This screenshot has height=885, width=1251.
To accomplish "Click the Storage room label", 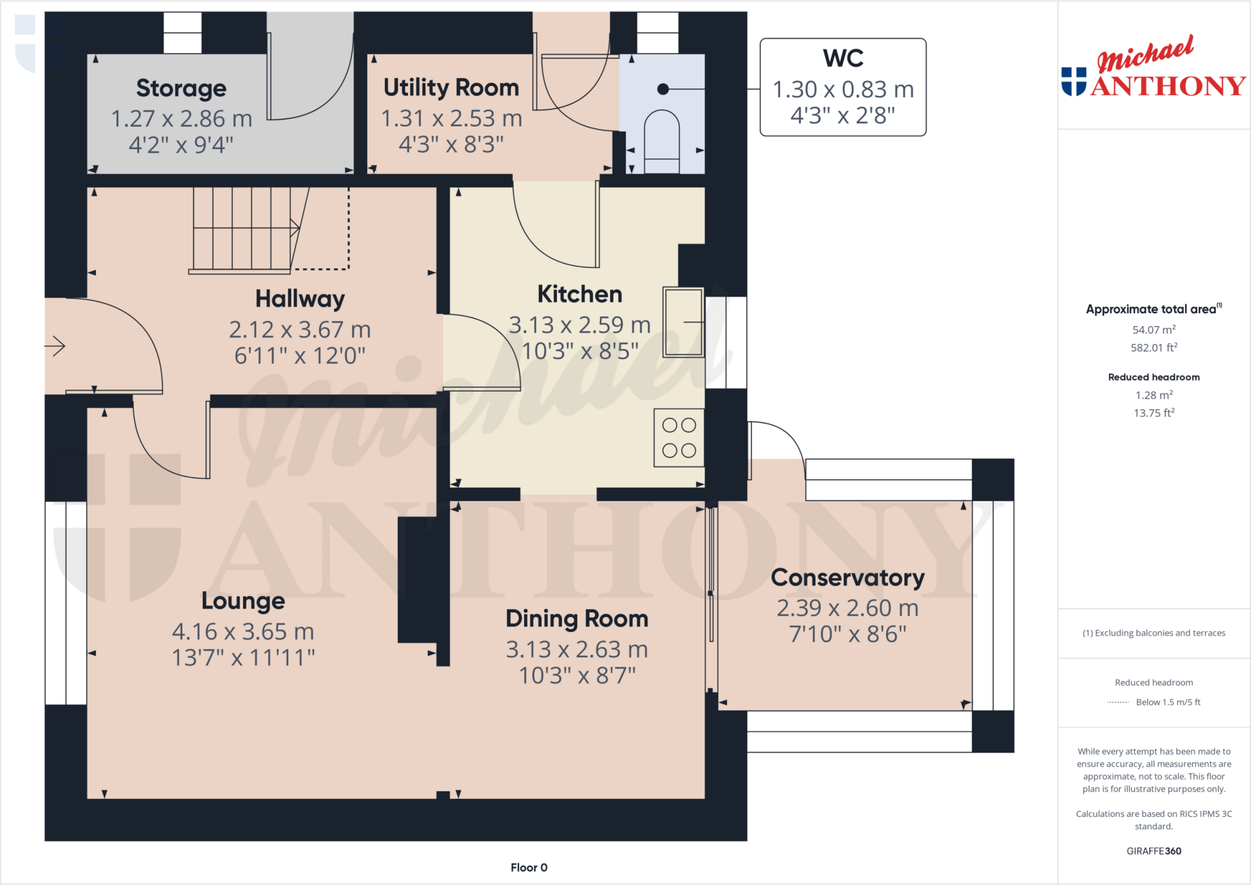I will coord(181,89).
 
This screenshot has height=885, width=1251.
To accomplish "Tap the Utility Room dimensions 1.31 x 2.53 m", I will coord(451,118).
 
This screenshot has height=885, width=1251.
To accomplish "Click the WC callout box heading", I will coord(843,59).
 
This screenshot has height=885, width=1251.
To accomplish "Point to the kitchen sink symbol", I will coord(684,322).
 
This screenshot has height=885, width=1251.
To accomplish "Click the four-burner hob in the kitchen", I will coord(679,438).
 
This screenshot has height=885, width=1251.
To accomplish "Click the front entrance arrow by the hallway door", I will coord(56,346).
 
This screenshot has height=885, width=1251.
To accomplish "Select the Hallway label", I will coord(300,299).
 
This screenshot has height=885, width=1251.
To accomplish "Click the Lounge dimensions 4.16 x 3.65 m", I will coord(243,632).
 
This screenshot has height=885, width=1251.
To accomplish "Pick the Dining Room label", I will coord(577,619).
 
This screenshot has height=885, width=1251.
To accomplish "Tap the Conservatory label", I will coord(847,578).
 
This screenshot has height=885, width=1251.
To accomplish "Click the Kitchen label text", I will coord(580,294).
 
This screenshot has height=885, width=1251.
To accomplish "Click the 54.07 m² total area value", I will coord(1153,330).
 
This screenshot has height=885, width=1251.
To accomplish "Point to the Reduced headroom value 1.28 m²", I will coord(1153,395).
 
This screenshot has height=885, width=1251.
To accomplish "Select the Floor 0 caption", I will coord(529,867).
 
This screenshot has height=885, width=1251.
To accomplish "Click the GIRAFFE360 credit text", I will coord(1153,851).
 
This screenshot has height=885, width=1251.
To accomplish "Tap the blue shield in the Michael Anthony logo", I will coord(1074,81).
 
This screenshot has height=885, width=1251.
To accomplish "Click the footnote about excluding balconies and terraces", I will coord(1153,633).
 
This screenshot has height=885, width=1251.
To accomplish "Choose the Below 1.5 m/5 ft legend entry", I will coord(1167,702).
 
